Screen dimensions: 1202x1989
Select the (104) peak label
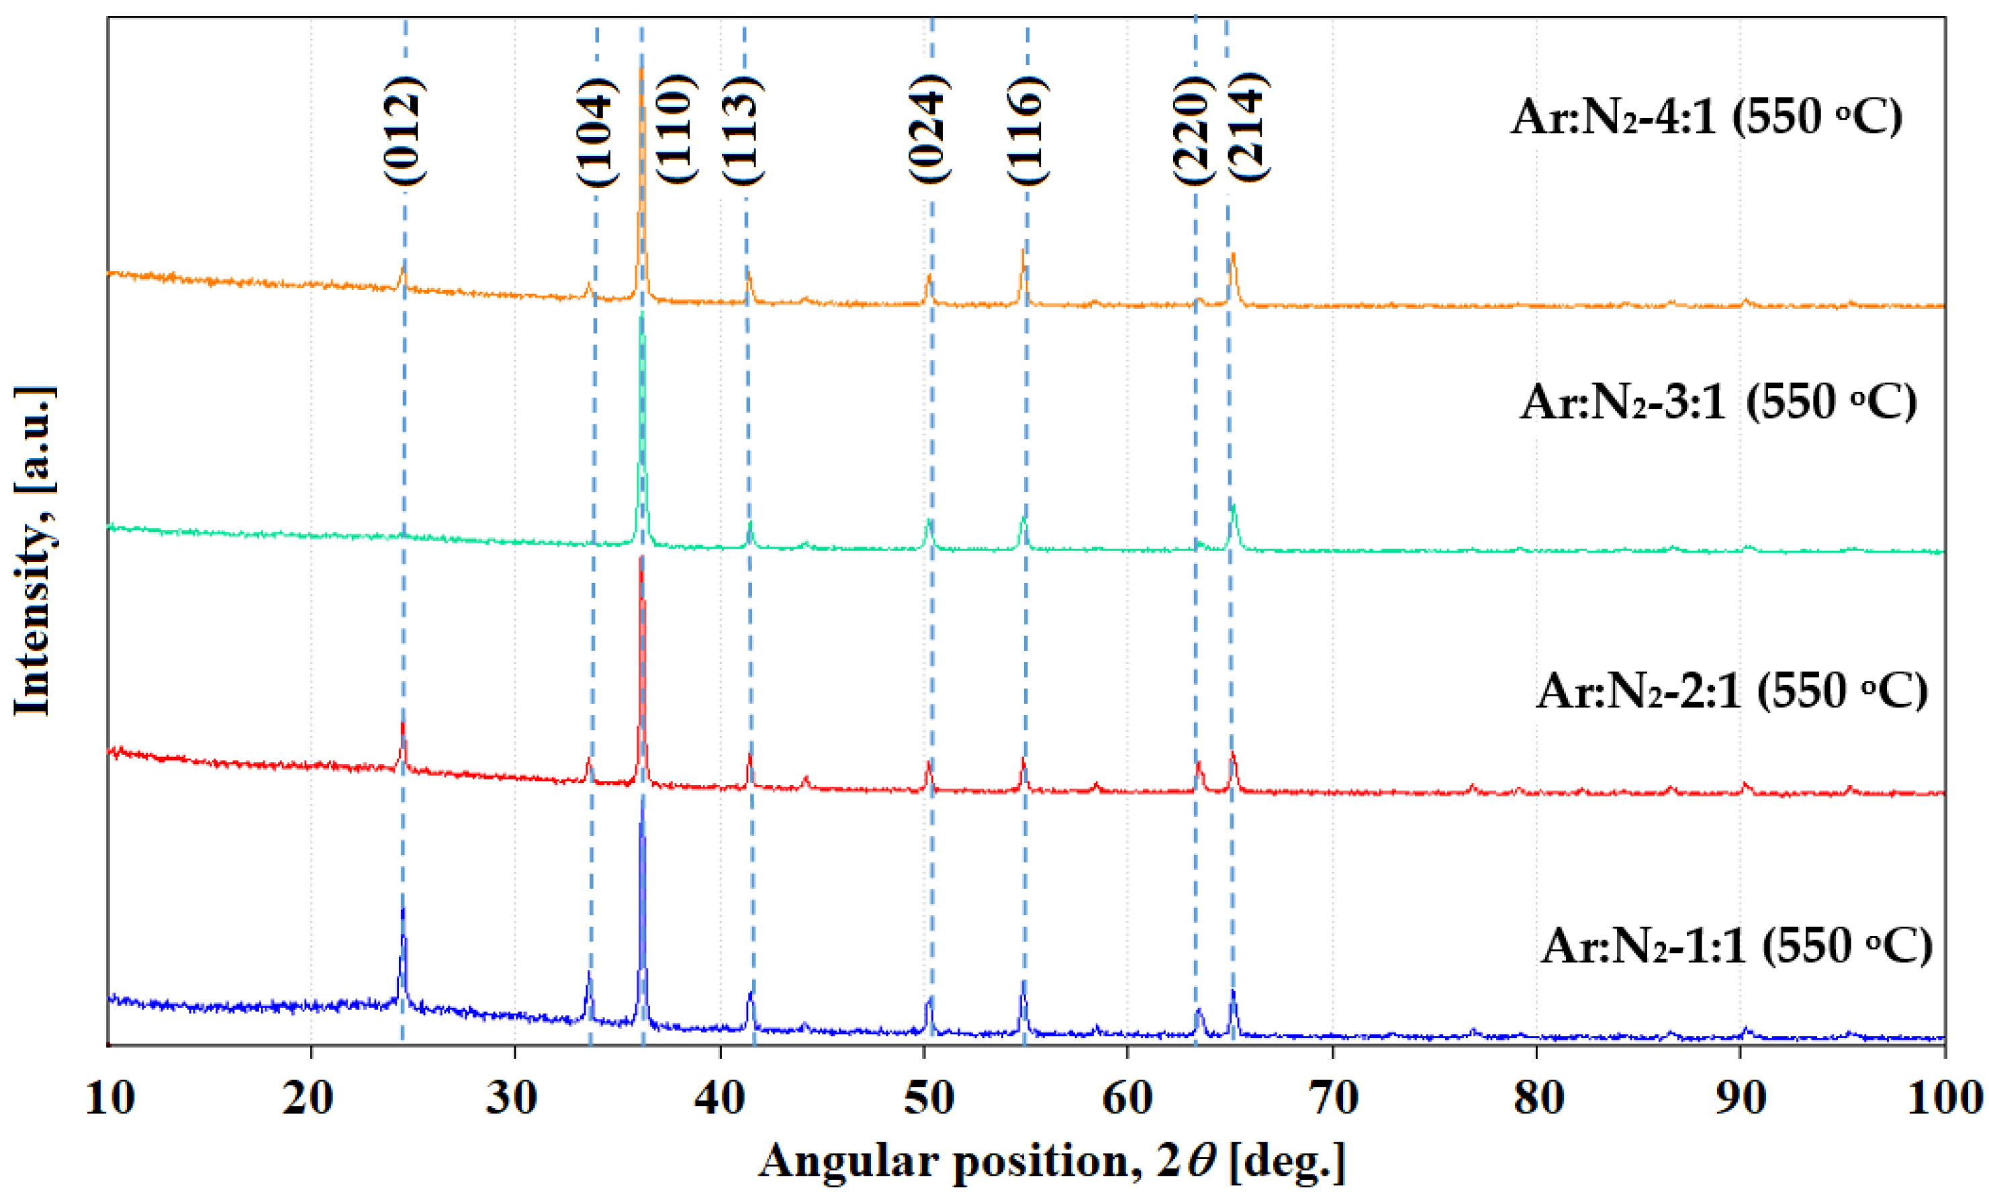(x=596, y=132)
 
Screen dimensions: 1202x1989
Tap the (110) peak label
(x=675, y=129)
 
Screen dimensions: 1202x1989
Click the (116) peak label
(x=1027, y=131)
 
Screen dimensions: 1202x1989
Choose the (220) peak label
(x=1193, y=131)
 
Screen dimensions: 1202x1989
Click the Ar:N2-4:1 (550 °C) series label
(x=1706, y=117)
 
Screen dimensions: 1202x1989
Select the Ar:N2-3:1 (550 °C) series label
(x=1718, y=401)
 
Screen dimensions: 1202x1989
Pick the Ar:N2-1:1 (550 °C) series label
(x=1737, y=945)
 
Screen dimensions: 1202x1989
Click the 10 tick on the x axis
(x=109, y=1098)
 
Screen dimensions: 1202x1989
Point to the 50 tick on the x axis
(x=927, y=1098)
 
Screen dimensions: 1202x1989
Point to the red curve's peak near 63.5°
(x=1199, y=763)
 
